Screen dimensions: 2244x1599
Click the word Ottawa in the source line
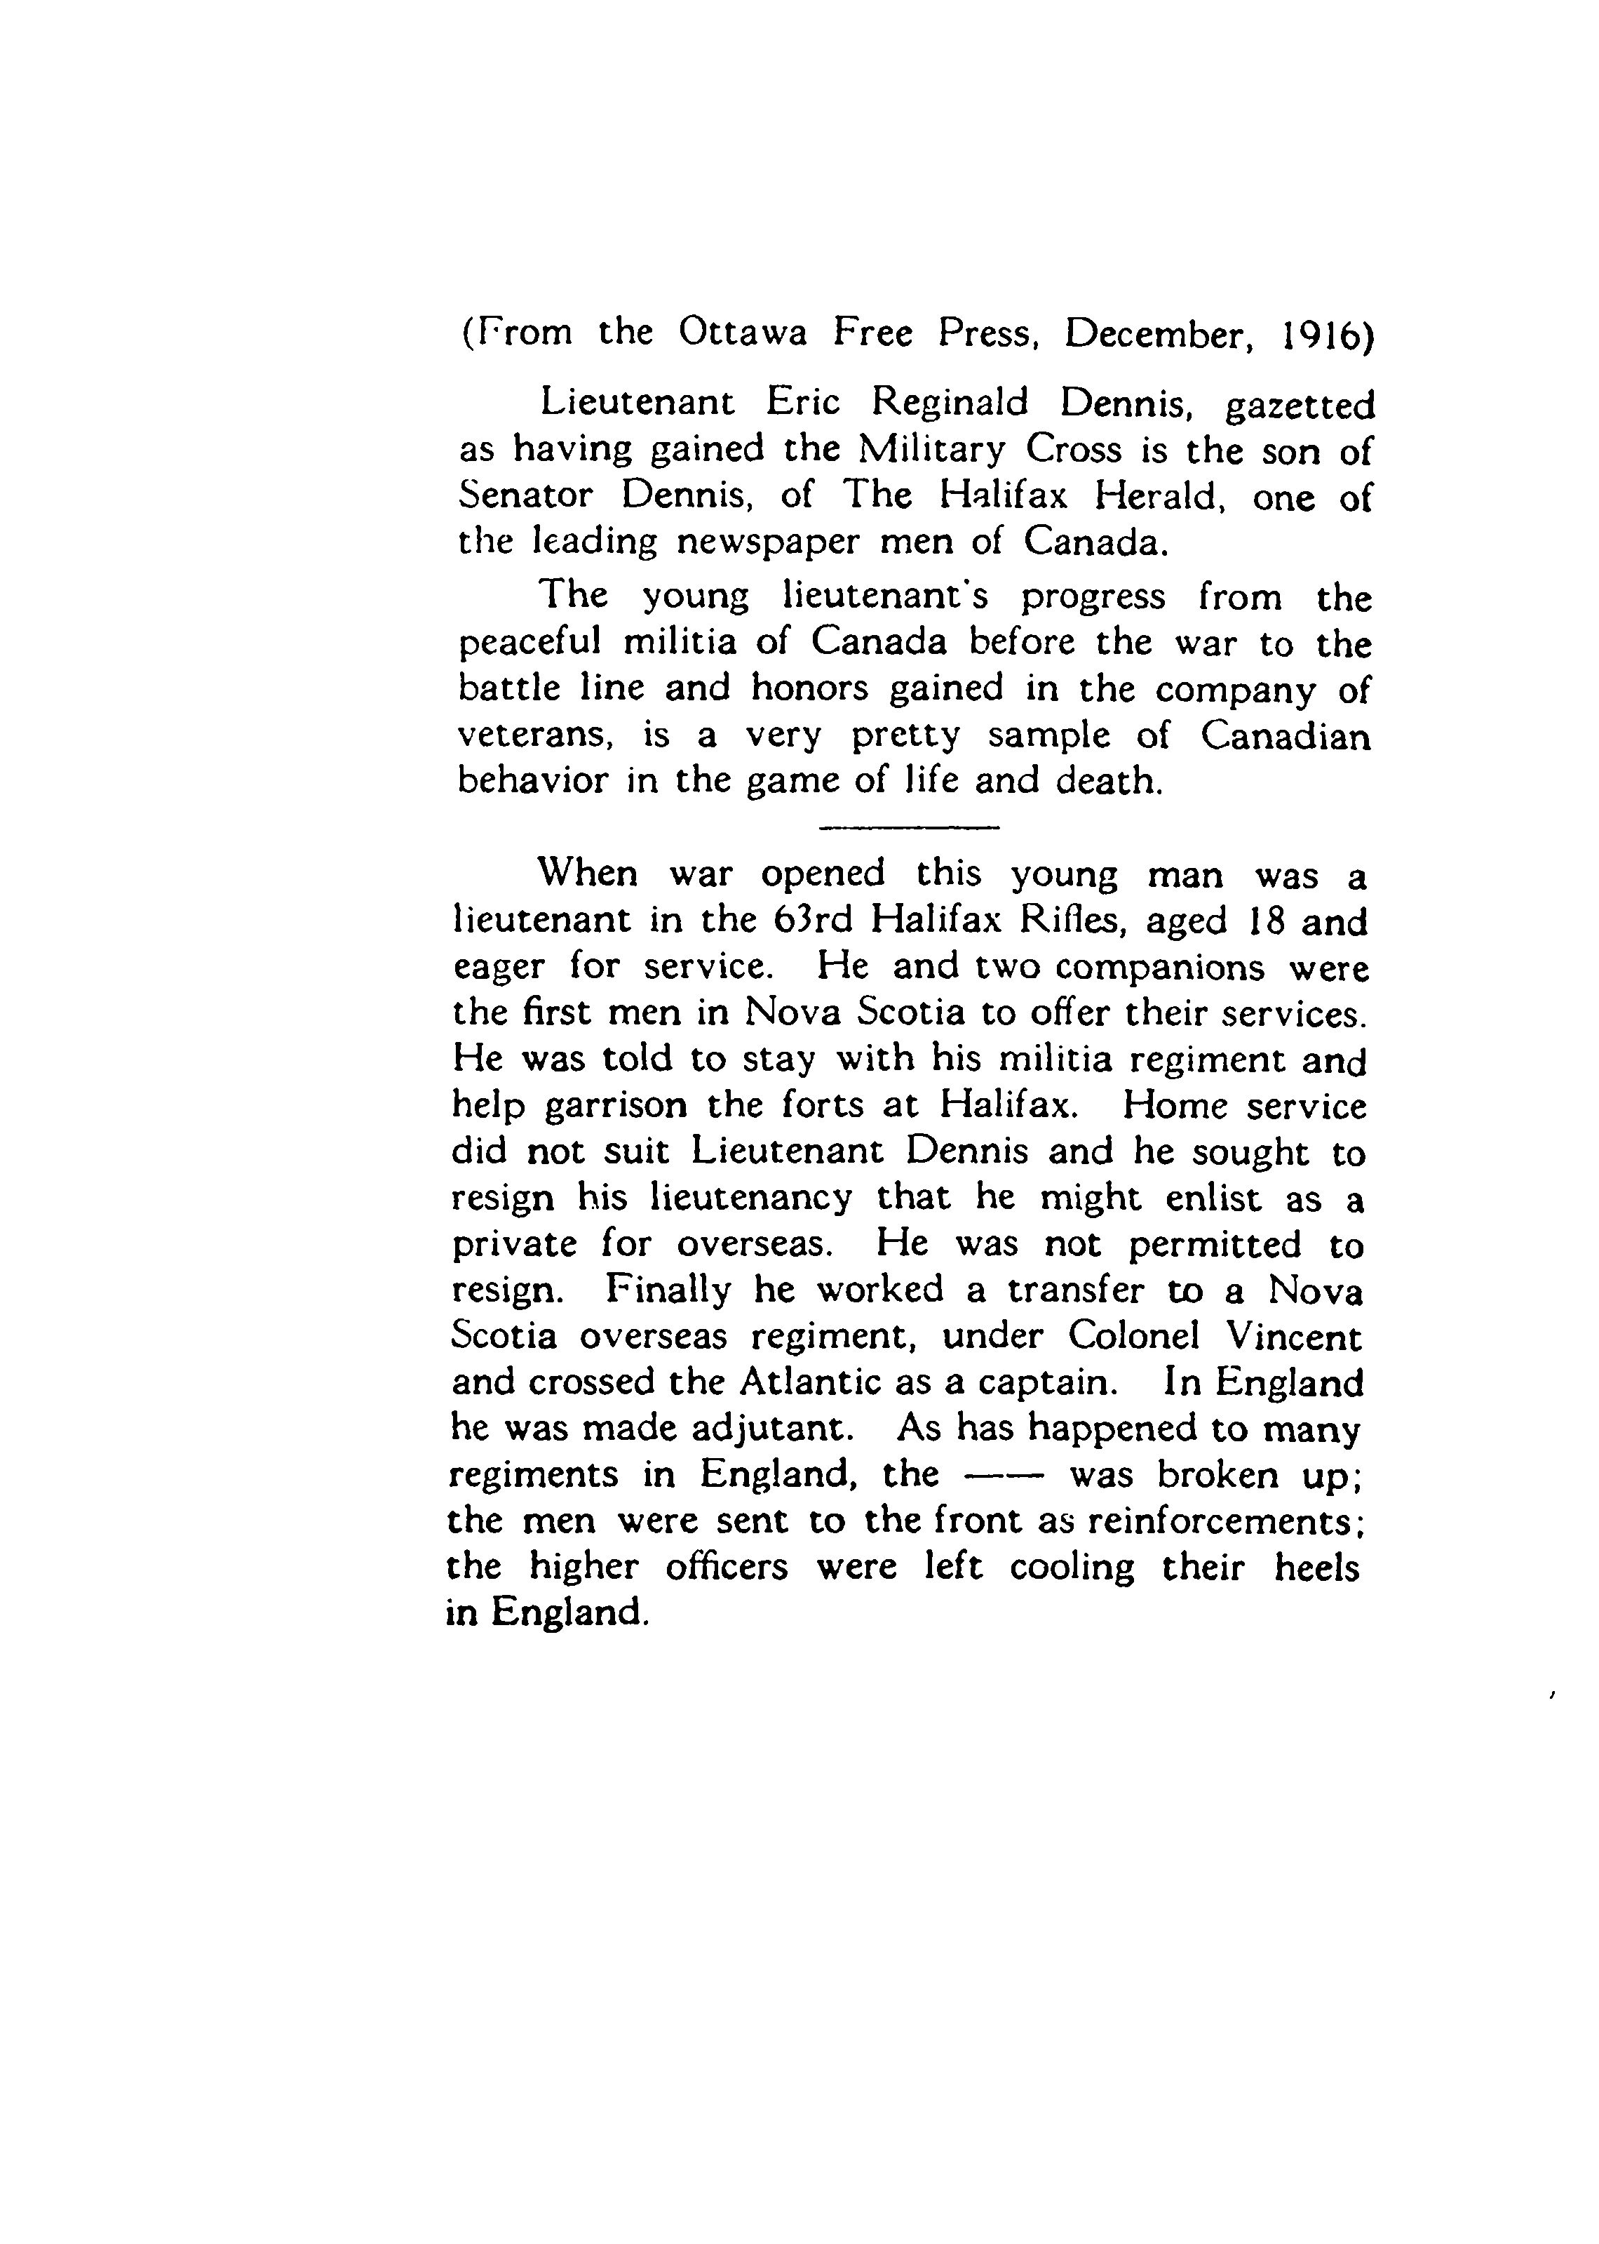743,333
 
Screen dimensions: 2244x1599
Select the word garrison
616,1107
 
